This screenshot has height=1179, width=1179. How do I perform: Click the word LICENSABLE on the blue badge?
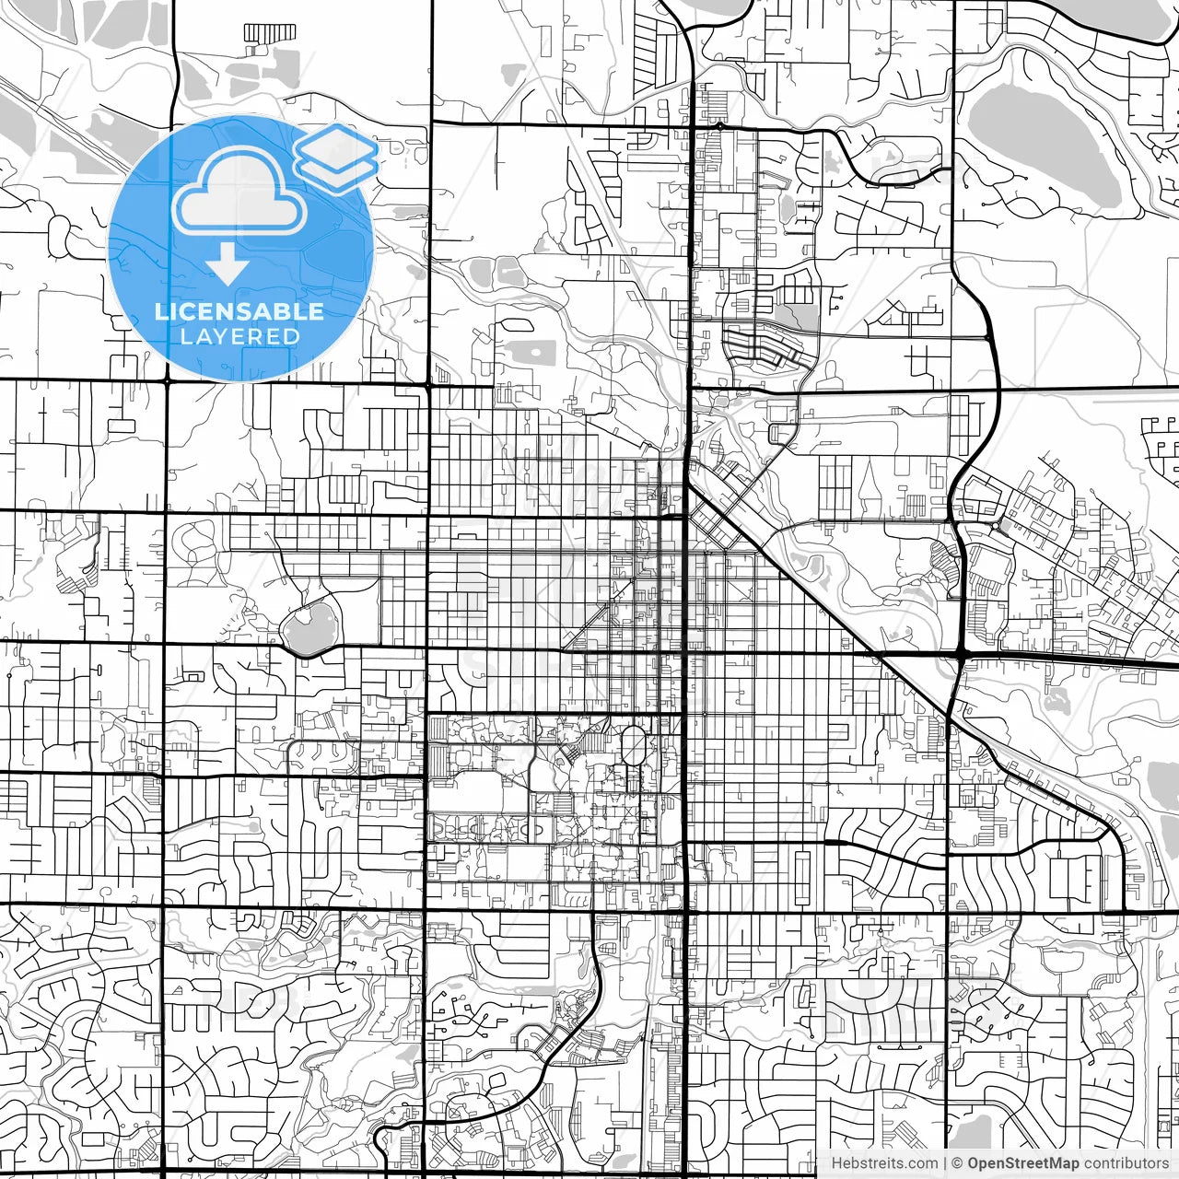click(239, 311)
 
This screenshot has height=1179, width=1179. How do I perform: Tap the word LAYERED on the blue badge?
click(239, 336)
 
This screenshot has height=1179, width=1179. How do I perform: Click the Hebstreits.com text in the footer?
click(884, 1163)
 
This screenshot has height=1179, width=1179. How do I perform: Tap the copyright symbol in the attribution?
click(957, 1163)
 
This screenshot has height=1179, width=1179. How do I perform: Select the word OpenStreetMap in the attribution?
click(1022, 1163)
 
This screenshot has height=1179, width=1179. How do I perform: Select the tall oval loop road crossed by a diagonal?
click(634, 746)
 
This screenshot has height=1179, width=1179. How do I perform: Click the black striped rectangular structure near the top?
click(270, 32)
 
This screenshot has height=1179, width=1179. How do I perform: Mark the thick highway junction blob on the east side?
click(961, 652)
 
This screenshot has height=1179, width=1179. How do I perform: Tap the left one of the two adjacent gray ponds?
click(480, 271)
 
